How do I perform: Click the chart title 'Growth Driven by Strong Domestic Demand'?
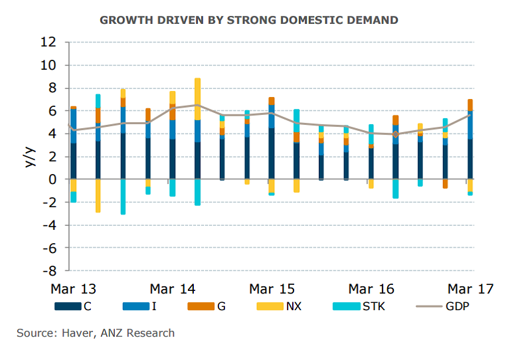pos(249,20)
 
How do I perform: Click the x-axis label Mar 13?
pos(74,289)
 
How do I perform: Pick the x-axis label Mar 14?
pos(173,289)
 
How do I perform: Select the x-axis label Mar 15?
pos(272,289)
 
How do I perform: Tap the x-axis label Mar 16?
pos(371,289)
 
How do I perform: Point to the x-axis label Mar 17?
pos(470,289)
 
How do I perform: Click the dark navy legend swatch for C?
pos(66,307)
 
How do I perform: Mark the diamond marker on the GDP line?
pos(396,134)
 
